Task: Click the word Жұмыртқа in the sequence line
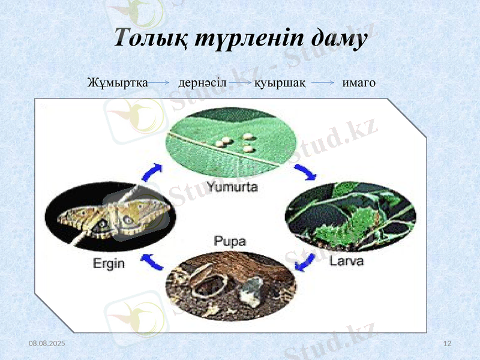coord(118,82)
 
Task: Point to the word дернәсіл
coord(202,82)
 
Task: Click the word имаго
coord(359,82)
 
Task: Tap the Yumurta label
coord(232,187)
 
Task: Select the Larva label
coord(347,262)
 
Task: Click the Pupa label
coord(230,241)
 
